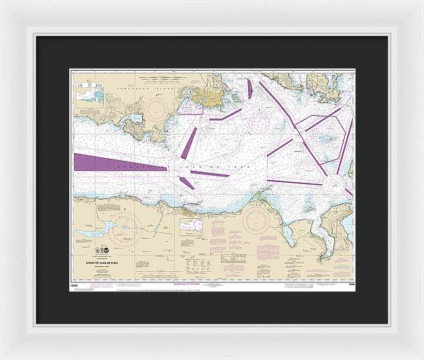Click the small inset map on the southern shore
tap(192, 227)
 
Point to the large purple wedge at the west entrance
tap(113, 163)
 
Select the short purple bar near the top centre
tap(249, 89)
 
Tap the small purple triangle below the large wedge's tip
tap(187, 182)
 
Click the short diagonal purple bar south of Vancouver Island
tap(189, 143)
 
